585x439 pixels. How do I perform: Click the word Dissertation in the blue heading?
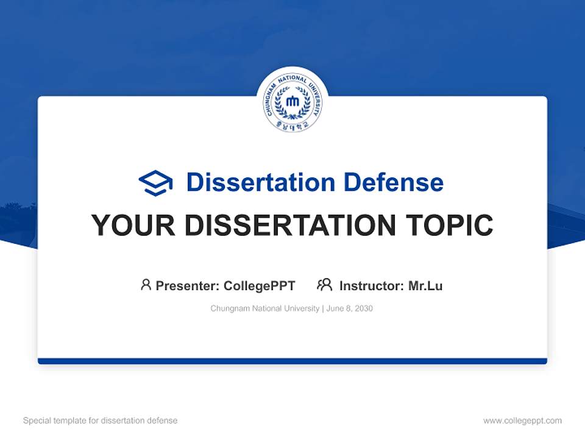click(x=260, y=182)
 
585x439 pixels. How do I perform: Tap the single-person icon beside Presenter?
click(x=146, y=285)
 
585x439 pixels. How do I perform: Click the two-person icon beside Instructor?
click(x=325, y=285)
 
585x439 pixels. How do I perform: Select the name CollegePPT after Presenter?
click(x=260, y=285)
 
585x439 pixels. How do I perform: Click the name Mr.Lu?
click(x=425, y=285)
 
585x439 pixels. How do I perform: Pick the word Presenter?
click(x=188, y=285)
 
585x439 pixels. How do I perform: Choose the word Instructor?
click(x=371, y=285)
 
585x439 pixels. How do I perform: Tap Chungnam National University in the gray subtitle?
click(x=264, y=309)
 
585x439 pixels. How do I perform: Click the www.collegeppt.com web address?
click(x=522, y=421)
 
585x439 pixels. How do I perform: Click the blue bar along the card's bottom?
click(x=292, y=361)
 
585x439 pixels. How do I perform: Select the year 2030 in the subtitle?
click(x=363, y=309)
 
